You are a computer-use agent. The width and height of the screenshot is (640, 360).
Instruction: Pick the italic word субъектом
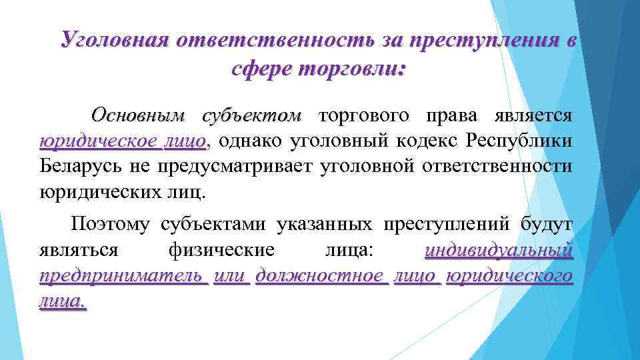point(252,115)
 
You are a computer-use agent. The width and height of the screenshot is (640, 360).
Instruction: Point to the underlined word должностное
point(320,276)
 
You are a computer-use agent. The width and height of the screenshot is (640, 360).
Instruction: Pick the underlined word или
point(230,276)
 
